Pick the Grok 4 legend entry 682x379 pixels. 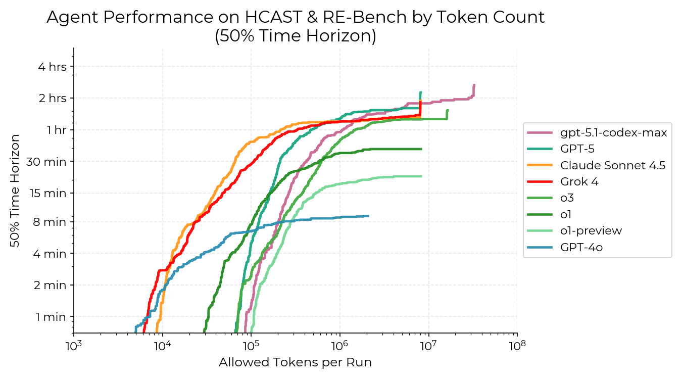coord(579,182)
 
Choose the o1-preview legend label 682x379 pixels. coord(591,231)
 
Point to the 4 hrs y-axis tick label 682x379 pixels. coord(52,66)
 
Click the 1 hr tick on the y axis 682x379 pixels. coord(57,130)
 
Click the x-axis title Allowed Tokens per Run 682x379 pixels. coord(295,362)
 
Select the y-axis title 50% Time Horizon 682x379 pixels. coord(15,191)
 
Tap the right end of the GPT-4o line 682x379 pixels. coord(368,216)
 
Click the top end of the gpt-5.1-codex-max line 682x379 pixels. coord(474,85)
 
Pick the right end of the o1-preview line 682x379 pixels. coord(421,176)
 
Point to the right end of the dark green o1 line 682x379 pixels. coord(421,149)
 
